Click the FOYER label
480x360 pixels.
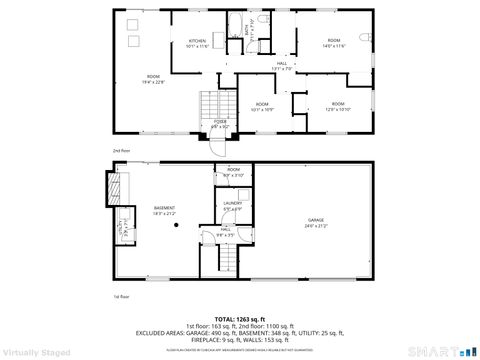220,123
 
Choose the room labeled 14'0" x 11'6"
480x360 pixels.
333,43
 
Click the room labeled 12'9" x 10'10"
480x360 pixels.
338,107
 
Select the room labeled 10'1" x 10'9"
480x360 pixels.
262,107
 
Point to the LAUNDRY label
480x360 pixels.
233,206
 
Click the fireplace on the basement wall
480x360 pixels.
113,187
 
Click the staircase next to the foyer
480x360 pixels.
210,103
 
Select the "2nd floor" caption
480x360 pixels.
121,150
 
